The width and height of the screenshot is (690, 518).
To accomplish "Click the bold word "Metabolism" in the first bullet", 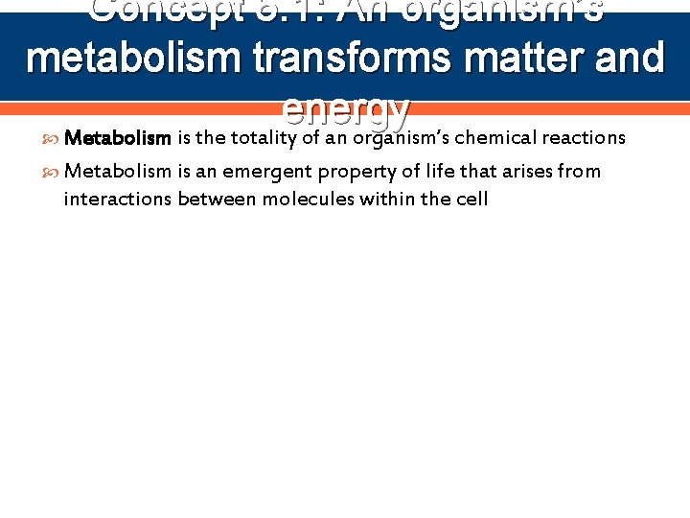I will pyautogui.click(x=117, y=137).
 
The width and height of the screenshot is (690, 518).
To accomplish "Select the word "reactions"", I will pyautogui.click(x=584, y=137).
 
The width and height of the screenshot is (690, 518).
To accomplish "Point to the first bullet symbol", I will pyautogui.click(x=52, y=138).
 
